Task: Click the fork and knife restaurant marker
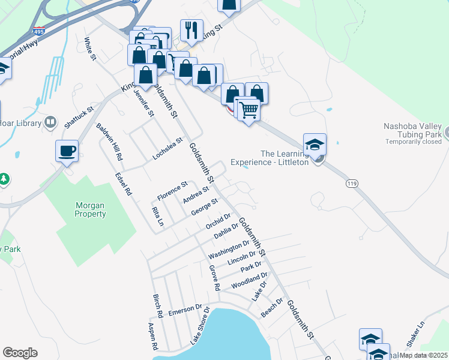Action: tap(191, 31)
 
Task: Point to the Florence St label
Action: tap(172, 191)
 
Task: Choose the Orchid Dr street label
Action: tap(218, 221)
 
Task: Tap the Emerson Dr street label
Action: tap(185, 310)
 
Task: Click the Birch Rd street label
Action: tap(158, 306)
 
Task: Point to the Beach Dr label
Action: tap(271, 308)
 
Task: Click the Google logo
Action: tap(20, 353)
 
